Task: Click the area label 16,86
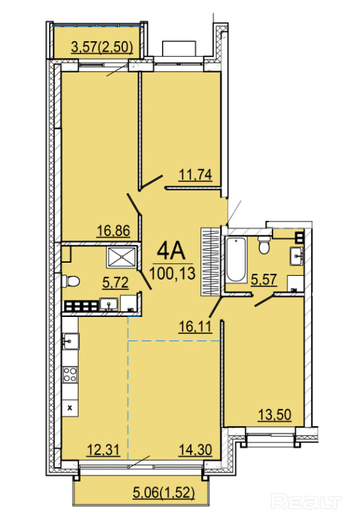[113, 231]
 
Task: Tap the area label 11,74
[195, 174]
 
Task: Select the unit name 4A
[171, 251]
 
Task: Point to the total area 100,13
[172, 273]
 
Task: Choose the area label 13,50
[274, 414]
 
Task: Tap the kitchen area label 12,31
[103, 450]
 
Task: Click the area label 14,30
[195, 450]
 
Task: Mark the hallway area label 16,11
[195, 326]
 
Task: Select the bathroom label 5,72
[116, 282]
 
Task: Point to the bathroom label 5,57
[264, 279]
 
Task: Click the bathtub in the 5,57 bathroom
[236, 259]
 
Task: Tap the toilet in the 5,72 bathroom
[71, 281]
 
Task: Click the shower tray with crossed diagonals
[122, 257]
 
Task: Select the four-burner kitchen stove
[70, 374]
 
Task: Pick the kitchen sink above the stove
[71, 341]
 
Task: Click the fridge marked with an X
[70, 408]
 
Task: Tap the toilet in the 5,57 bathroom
[264, 245]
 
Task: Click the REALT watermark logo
[306, 502]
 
